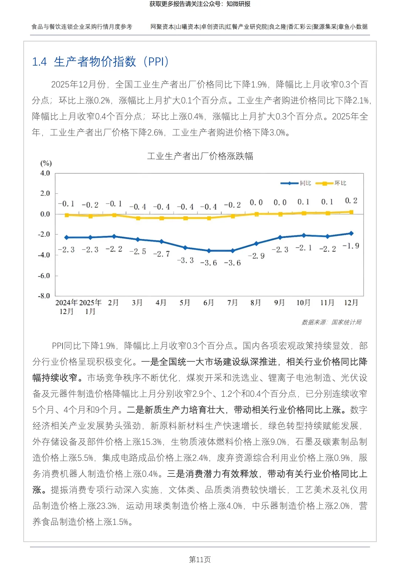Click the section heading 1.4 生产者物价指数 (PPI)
click(100, 62)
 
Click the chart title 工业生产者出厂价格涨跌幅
click(200, 156)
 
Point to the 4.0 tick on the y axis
click(45, 173)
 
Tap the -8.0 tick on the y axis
click(44, 296)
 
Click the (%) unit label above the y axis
click(46, 163)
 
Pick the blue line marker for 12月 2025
click(351, 233)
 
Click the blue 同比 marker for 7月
click(233, 251)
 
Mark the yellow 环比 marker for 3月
click(138, 218)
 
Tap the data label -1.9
click(351, 246)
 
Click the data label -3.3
click(185, 260)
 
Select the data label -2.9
click(256, 256)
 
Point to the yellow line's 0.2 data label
click(351, 200)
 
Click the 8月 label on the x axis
click(256, 303)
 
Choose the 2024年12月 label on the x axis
click(66, 307)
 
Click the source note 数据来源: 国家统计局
click(331, 322)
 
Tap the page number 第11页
click(200, 559)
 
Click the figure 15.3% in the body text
click(152, 442)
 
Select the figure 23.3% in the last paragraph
click(107, 506)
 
